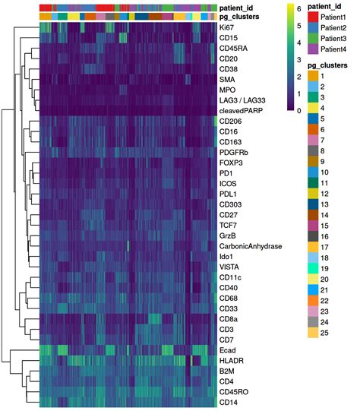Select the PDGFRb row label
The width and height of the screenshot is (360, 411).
tap(234, 151)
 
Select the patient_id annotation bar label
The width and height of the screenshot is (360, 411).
tap(240, 6)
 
